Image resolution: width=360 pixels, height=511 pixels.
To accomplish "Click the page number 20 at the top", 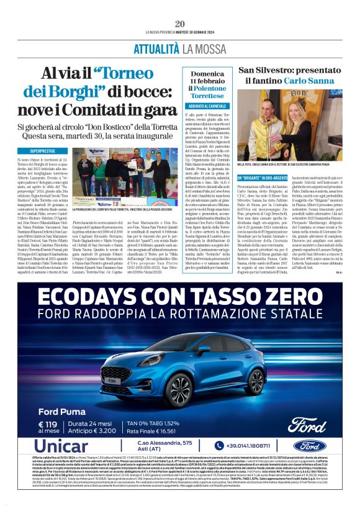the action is click(179, 24).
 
